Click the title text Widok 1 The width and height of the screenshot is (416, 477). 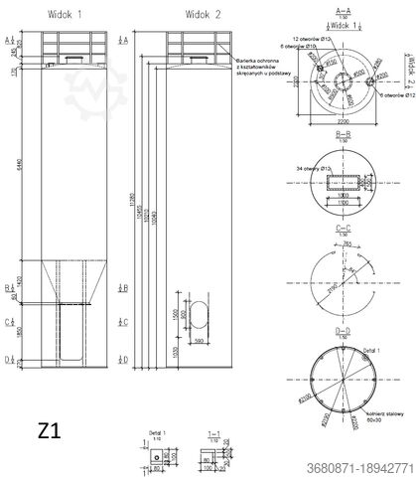[67, 14]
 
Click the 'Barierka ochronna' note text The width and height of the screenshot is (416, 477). [257, 61]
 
